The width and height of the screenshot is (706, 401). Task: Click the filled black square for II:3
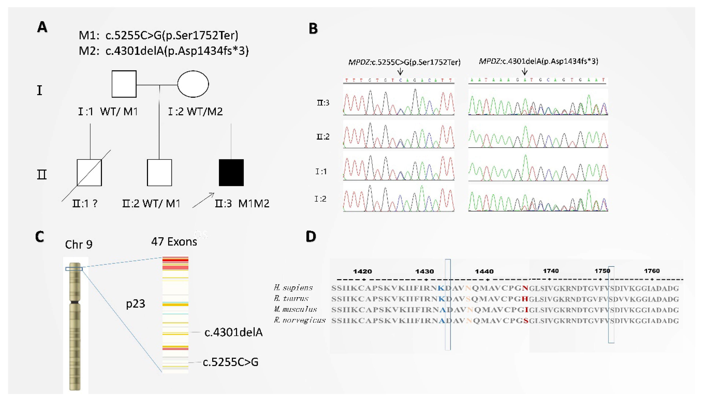231,173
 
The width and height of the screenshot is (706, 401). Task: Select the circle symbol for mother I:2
193,84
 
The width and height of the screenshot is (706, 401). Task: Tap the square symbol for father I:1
124,84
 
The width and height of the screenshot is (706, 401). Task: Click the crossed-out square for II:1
89,173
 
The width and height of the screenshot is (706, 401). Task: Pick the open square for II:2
159,173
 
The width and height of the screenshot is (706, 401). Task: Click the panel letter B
313,29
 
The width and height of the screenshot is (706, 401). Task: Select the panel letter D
311,237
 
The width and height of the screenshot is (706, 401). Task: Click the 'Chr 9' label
79,245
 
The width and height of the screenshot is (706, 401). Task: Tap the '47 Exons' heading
174,242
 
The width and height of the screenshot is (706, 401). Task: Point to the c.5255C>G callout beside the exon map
231,362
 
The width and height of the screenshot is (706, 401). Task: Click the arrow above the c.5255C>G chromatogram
400,72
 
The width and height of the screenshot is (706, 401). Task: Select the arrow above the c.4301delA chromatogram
525,72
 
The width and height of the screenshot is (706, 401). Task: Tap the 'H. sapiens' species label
293,288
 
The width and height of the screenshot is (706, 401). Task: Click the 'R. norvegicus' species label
300,320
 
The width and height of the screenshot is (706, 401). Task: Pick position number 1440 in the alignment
484,272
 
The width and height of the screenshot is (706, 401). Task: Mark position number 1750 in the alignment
602,271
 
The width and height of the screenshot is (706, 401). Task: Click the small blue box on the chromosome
74,269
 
